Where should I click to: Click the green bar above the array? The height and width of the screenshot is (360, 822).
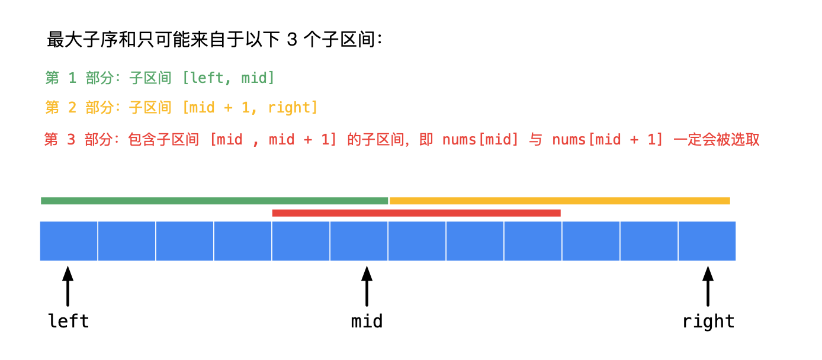click(214, 201)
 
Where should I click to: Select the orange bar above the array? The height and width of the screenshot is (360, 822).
click(560, 201)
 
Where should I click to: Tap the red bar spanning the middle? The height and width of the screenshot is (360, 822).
click(416, 213)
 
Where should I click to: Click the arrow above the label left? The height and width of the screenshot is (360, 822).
click(68, 286)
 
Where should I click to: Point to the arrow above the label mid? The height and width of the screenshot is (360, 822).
click(367, 286)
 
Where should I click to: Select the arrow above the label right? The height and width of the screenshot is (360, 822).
click(708, 286)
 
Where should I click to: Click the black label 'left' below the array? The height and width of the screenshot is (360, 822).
click(68, 322)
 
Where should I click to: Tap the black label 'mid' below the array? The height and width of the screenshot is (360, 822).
click(367, 322)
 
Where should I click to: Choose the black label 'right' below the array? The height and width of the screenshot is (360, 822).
click(708, 322)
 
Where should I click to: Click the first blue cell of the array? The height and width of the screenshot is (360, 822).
click(69, 241)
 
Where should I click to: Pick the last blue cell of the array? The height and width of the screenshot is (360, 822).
click(707, 241)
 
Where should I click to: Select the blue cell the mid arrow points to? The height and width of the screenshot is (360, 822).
click(359, 241)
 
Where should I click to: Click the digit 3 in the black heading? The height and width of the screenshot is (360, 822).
click(291, 40)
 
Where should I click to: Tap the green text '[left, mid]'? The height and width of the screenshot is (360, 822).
click(228, 78)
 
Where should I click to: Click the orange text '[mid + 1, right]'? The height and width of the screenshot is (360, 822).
click(250, 108)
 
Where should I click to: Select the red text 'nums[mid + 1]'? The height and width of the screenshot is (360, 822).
click(608, 140)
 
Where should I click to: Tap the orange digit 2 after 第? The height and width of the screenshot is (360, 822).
click(72, 108)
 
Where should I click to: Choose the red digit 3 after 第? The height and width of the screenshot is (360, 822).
click(72, 140)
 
